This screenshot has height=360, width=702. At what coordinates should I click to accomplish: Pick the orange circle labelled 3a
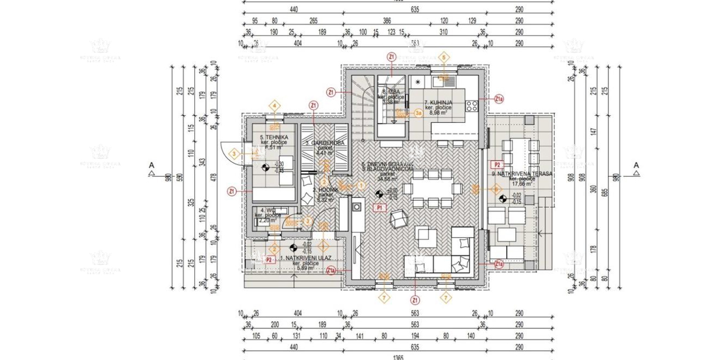point(418,112)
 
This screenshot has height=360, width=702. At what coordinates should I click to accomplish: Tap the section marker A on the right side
point(636,166)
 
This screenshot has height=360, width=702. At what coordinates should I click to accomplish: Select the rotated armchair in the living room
point(399,220)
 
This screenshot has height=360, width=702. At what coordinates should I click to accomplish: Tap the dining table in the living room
point(434,188)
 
